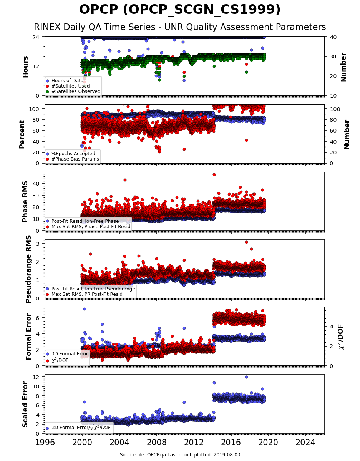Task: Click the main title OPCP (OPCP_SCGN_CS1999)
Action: [180, 10]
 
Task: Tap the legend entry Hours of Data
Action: [67, 81]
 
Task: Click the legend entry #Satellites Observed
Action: [76, 91]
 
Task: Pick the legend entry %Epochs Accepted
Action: [73, 154]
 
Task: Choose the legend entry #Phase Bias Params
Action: [75, 159]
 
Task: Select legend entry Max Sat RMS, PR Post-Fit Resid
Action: [87, 294]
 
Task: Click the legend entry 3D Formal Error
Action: [70, 354]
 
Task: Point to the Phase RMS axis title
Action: [25, 202]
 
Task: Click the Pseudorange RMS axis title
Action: [28, 269]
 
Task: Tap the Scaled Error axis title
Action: [25, 405]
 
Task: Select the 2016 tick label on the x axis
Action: [231, 443]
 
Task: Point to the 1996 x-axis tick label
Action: [45, 443]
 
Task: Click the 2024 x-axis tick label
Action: [305, 443]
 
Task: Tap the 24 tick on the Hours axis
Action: [36, 37]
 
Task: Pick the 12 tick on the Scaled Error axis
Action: [36, 377]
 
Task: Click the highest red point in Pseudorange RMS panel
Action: [246, 242]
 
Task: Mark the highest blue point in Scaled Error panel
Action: [246, 377]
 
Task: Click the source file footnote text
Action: [180, 455]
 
